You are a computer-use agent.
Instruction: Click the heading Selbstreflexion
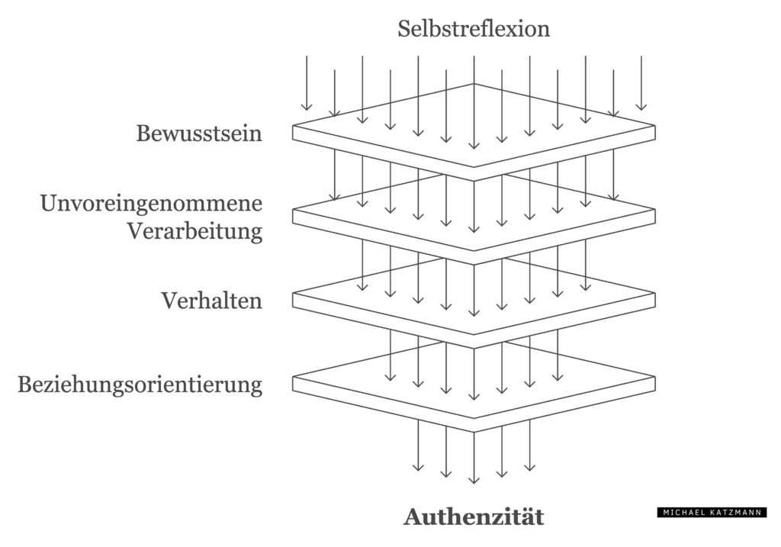(x=474, y=29)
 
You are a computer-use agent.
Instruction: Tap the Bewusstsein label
(x=199, y=134)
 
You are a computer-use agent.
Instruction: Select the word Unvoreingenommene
(x=151, y=204)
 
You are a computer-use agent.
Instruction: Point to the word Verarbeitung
(x=194, y=230)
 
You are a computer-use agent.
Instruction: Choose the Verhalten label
(x=211, y=301)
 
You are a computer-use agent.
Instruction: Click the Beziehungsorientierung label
(x=140, y=384)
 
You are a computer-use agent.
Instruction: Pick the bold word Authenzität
(x=474, y=516)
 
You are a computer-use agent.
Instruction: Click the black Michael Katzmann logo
(x=712, y=513)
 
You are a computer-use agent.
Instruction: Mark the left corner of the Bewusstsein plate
(x=294, y=127)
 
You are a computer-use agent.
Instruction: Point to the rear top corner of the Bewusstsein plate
(x=474, y=84)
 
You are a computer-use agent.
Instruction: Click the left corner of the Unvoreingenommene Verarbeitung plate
(x=294, y=211)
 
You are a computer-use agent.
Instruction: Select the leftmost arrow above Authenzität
(x=418, y=446)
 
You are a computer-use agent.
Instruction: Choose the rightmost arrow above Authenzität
(x=530, y=446)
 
